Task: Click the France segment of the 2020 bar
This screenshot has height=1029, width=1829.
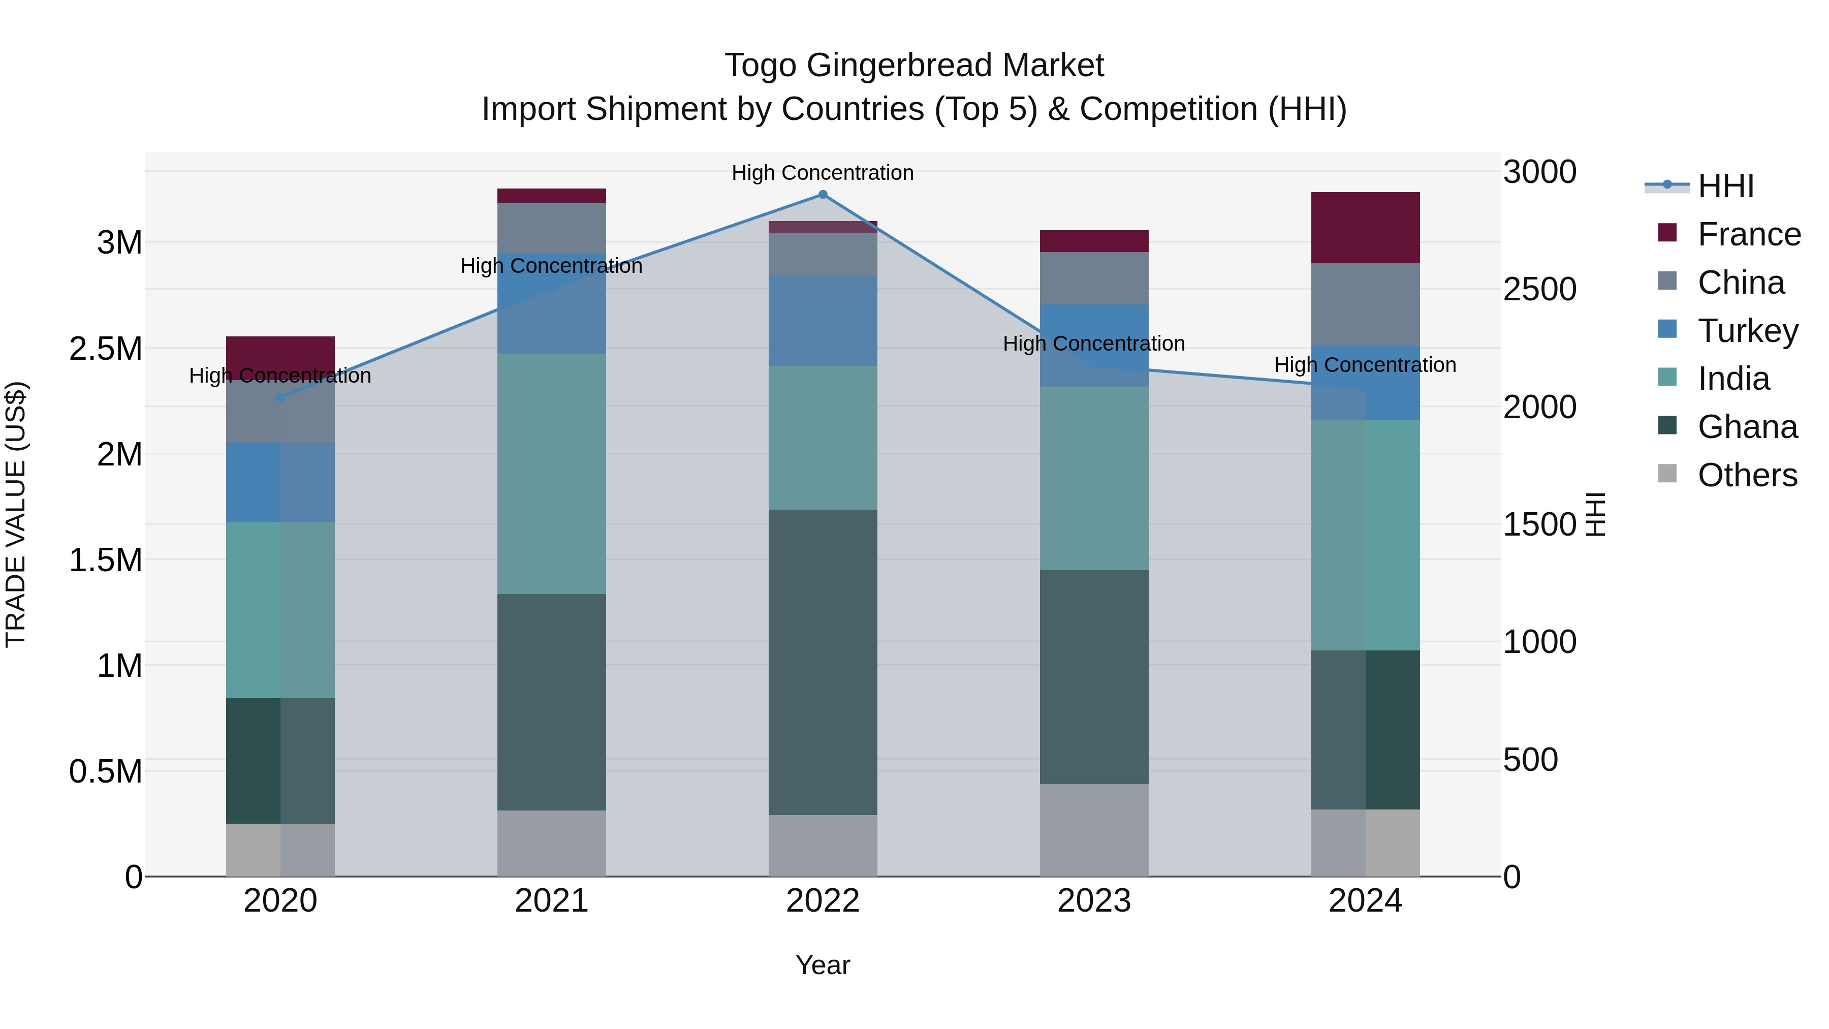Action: (x=280, y=353)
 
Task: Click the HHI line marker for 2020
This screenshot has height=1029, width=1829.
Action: (x=280, y=398)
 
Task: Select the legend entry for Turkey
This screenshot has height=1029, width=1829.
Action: (x=1747, y=331)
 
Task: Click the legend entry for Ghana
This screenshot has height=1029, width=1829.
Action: (x=1747, y=427)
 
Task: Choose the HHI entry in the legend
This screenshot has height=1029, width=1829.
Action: (x=1725, y=186)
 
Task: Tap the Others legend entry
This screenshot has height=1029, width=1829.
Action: (x=1747, y=475)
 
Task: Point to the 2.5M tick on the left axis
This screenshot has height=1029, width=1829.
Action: (x=106, y=349)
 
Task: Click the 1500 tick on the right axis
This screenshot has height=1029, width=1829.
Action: (x=1539, y=525)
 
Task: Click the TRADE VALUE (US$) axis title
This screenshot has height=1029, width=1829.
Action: (x=16, y=514)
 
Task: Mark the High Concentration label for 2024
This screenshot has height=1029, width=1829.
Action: (x=1365, y=365)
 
